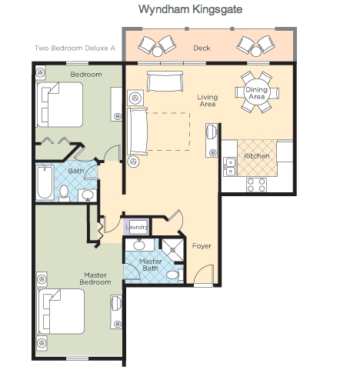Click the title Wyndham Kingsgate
[190, 9]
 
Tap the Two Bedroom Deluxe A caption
[75, 48]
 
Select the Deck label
[202, 48]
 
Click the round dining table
[257, 92]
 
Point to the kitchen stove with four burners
[256, 185]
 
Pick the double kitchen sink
[230, 167]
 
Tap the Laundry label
[137, 227]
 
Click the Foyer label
[202, 246]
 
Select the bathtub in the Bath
[45, 182]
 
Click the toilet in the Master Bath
[175, 275]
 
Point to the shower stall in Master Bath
[173, 250]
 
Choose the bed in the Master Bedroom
[61, 312]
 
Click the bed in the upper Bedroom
[60, 105]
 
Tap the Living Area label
[208, 100]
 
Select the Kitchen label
[257, 156]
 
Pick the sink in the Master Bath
[139, 245]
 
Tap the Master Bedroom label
[95, 278]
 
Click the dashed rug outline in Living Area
[190, 132]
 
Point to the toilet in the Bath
[64, 193]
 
